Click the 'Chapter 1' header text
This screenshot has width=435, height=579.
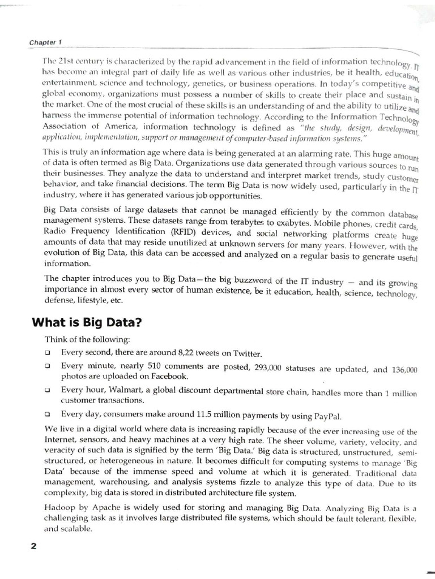coord(45,42)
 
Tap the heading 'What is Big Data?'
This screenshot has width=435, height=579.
coord(87,323)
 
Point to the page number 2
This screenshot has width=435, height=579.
coord(33,545)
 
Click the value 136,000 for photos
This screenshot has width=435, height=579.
coord(404,370)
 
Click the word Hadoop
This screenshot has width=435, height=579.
coord(58,508)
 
